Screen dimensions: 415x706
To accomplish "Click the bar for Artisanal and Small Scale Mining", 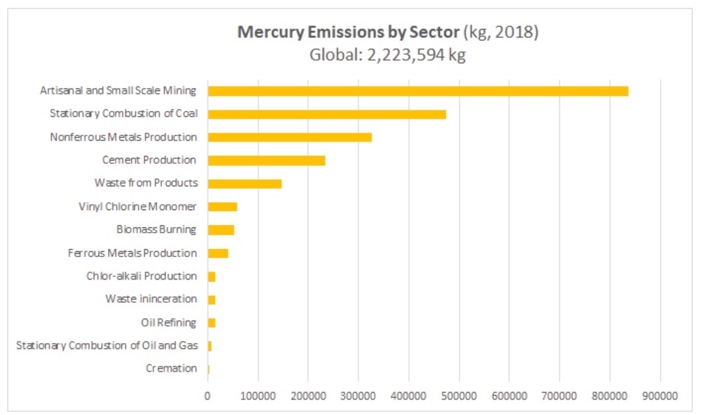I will [x=417, y=91].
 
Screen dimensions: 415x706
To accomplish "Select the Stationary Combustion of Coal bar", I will [x=327, y=114].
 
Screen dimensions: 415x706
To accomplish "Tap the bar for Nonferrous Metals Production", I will [x=290, y=137].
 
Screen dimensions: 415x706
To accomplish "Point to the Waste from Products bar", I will [x=244, y=184].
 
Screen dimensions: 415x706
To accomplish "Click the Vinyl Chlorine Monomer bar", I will [x=223, y=207].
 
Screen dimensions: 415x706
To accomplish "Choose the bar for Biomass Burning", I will [x=221, y=230].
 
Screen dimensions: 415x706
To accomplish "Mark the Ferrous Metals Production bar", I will [x=218, y=253].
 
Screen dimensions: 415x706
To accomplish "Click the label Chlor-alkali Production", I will [x=141, y=276].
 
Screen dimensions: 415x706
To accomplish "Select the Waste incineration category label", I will [x=151, y=299].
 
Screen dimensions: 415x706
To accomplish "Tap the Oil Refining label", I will [x=168, y=322].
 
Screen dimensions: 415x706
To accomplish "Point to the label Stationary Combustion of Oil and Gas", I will [x=106, y=346].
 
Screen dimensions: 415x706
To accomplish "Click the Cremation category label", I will [x=171, y=369].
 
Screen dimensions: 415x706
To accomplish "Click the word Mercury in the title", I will [x=267, y=32].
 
